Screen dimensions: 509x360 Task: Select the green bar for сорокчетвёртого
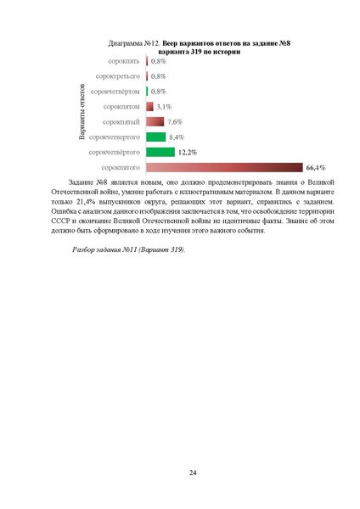(160, 152)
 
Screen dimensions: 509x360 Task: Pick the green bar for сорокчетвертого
(155, 137)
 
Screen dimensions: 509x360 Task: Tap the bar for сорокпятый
(155, 121)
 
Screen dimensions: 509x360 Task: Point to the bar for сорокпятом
(149, 107)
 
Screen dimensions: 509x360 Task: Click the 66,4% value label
(317, 168)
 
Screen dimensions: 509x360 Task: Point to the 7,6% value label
(175, 122)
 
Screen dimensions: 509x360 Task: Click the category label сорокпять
(123, 62)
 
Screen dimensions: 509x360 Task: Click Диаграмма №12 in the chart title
(133, 41)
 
